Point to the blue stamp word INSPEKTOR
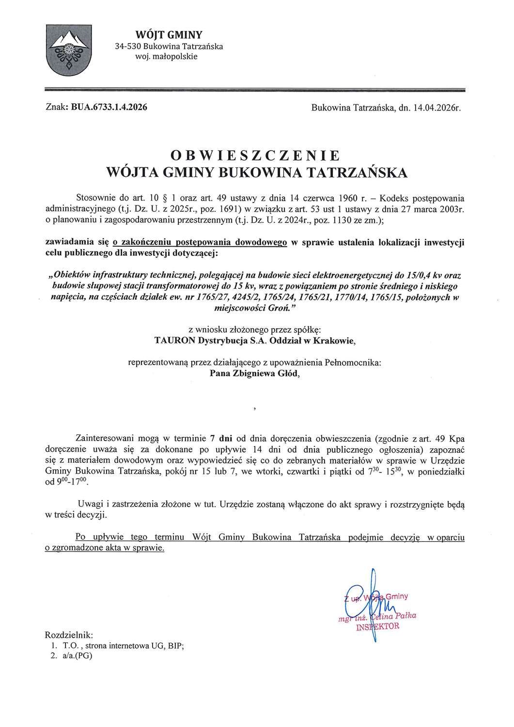[377, 626]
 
